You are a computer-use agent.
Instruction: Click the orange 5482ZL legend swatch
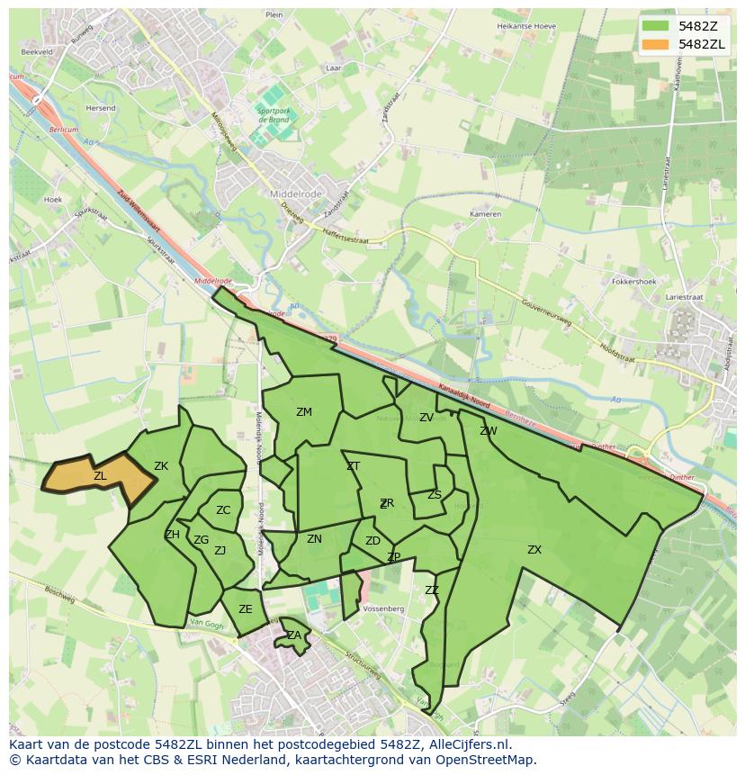click(658, 44)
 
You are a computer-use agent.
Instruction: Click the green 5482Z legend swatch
click(658, 26)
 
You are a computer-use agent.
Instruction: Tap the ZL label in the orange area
click(100, 475)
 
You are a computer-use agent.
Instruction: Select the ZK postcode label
click(161, 466)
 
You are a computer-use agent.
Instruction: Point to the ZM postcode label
click(304, 412)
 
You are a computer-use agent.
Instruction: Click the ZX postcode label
click(534, 549)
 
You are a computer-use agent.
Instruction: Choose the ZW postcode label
click(489, 431)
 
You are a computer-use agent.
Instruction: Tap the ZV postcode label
click(426, 418)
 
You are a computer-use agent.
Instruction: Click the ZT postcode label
click(353, 466)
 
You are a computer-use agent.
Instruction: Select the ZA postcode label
click(294, 635)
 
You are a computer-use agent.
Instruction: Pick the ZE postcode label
click(246, 609)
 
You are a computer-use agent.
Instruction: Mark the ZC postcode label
click(223, 510)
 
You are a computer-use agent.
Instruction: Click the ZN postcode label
click(314, 539)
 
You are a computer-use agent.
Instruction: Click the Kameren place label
click(485, 214)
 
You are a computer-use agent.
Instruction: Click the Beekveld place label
click(38, 52)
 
